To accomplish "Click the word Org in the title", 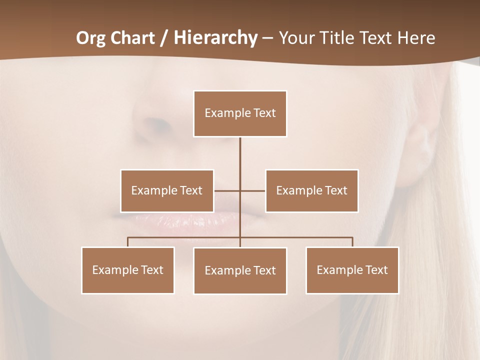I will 91,38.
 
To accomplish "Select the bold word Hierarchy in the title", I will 215,38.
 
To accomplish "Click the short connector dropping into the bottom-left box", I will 128,242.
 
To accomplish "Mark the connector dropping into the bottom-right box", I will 352,242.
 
